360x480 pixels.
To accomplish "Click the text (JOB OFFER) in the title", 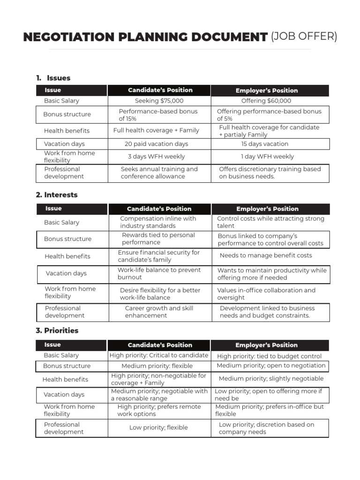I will click(304, 37).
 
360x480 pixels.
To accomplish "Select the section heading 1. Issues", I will click(53, 78).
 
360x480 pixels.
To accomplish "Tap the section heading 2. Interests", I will click(57, 195).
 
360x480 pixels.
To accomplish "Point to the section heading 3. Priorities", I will click(57, 330).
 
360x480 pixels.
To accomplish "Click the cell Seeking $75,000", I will click(159, 101).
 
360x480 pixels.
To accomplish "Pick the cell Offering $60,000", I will click(266, 101).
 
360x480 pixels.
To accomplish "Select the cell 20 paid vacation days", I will click(156, 144).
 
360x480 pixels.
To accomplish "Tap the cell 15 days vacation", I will click(264, 144).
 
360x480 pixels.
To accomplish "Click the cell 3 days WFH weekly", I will click(156, 157).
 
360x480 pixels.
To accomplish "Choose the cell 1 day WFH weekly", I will click(267, 157).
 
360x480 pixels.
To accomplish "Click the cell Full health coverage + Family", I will click(156, 130).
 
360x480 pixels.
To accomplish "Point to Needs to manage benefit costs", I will click(266, 255).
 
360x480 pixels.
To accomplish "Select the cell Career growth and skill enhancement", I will click(159, 312).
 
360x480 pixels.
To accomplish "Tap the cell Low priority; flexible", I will click(158, 427).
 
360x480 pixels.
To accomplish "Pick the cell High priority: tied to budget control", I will click(269, 356).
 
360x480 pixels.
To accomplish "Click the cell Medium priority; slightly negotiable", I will click(271, 379).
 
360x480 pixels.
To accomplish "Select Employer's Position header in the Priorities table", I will click(266, 345).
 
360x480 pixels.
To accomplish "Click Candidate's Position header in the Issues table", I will click(160, 90).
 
